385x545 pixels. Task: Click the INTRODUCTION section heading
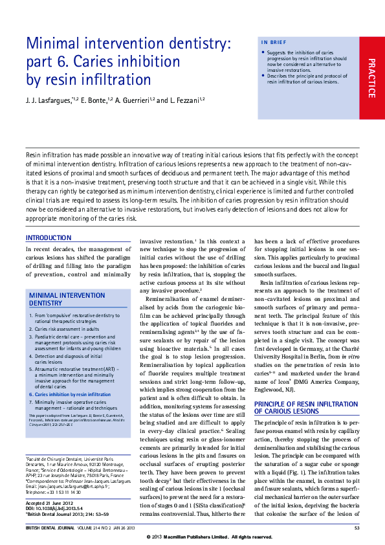[x=49, y=238]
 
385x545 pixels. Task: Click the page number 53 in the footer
[x=357, y=529]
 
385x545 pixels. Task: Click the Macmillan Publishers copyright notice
[x=209, y=537]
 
